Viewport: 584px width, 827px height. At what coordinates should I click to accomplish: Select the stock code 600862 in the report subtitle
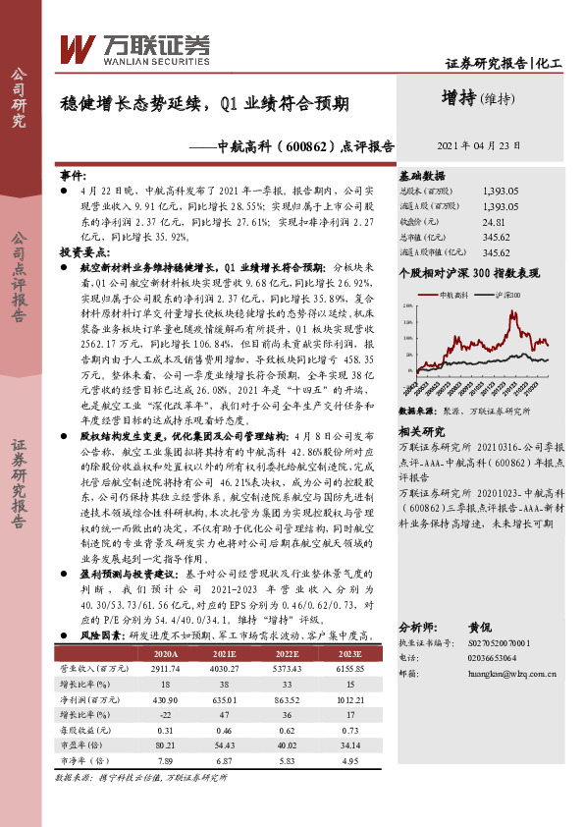coord(292,145)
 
